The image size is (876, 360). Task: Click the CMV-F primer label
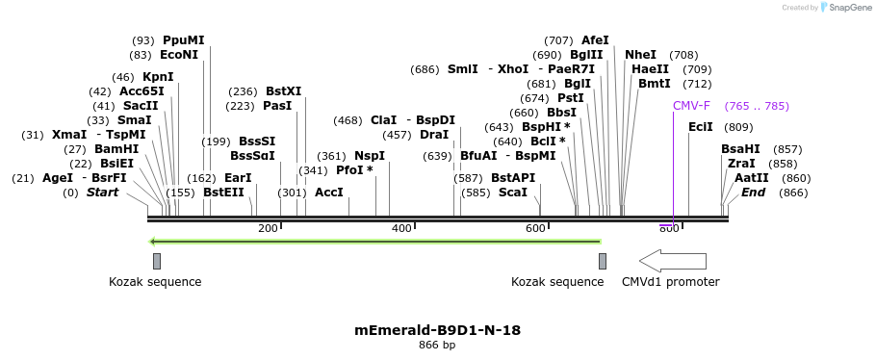(691, 106)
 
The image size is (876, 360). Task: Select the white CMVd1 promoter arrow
(672, 261)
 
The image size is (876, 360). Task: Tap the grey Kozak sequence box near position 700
(603, 261)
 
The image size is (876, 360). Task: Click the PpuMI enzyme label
(183, 40)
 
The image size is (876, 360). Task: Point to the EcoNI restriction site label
(179, 55)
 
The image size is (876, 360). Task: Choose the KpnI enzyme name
(158, 77)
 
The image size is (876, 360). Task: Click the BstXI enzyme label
(283, 91)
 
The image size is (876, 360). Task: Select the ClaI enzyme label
(383, 120)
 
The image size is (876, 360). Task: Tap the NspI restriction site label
(370, 155)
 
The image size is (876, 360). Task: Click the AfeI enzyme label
(595, 40)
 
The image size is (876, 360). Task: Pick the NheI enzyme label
(640, 55)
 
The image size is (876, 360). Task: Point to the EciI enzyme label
(701, 127)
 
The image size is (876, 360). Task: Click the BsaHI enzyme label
(740, 149)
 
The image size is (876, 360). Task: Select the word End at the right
(753, 193)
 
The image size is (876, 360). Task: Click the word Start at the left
(103, 193)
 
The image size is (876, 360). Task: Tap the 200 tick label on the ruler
(268, 228)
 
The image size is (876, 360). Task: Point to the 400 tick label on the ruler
(401, 228)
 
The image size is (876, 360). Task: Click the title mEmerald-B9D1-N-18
(438, 330)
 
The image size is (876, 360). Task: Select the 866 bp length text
(438, 345)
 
